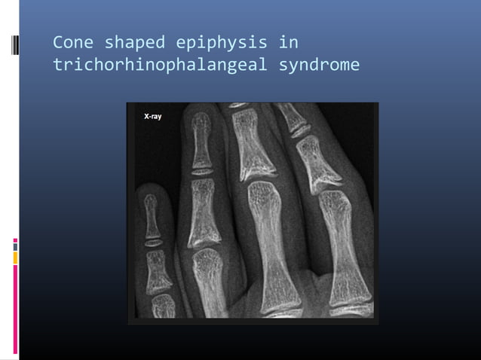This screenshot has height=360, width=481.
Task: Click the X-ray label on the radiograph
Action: click(152, 117)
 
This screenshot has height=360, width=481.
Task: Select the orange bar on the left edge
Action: click(15, 258)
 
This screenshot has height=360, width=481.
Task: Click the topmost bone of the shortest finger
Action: click(152, 215)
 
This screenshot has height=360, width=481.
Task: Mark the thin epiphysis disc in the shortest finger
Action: click(153, 243)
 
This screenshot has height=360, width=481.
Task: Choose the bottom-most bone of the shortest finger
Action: click(163, 305)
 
